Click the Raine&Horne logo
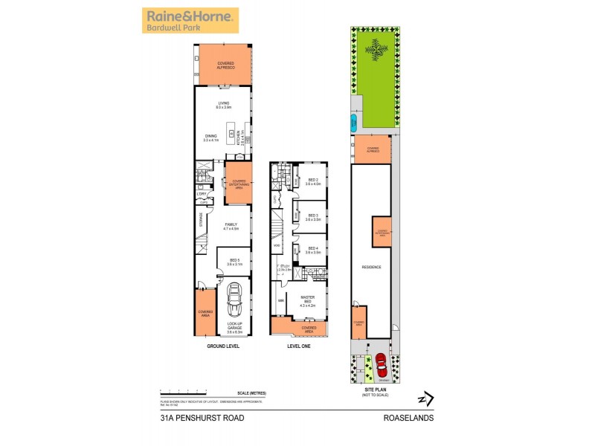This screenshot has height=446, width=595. click(x=190, y=21)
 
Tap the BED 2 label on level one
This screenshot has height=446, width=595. click(x=313, y=181)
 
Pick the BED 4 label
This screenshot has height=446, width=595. click(x=313, y=251)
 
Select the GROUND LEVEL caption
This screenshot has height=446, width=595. click(x=223, y=346)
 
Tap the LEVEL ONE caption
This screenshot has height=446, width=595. click(x=297, y=346)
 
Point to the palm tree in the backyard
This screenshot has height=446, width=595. click(x=377, y=50)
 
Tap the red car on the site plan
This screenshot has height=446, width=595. click(x=381, y=364)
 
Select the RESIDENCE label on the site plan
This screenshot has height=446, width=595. click(x=371, y=266)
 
